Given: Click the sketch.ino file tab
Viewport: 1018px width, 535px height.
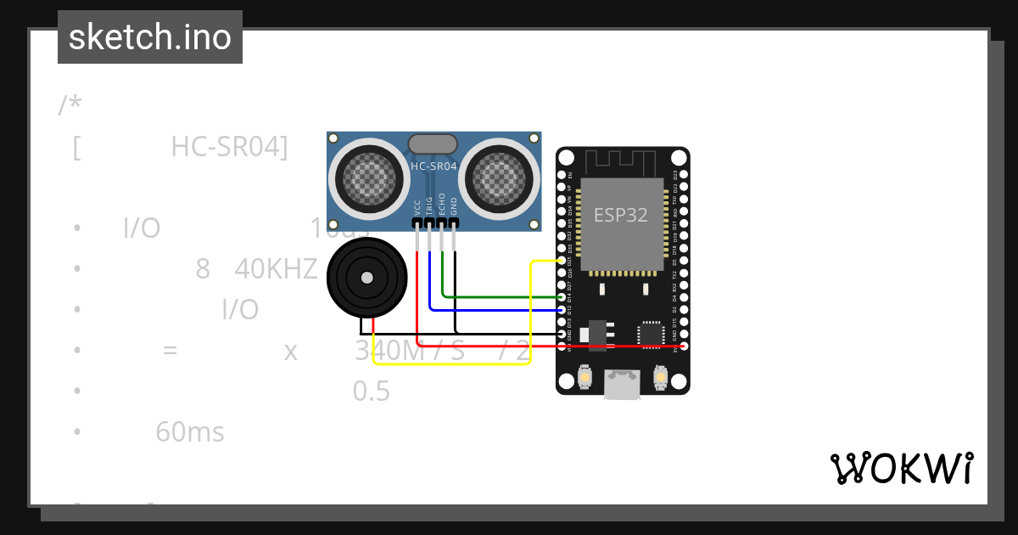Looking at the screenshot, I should pyautogui.click(x=150, y=37).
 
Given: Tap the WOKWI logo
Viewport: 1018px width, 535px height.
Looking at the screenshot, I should pyautogui.click(x=901, y=468).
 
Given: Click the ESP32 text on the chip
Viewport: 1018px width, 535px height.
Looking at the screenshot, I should pyautogui.click(x=620, y=215).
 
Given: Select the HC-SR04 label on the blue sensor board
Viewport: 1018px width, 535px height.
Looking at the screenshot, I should pyautogui.click(x=433, y=167).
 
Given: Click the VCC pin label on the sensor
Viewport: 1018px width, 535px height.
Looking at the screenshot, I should pyautogui.click(x=417, y=207).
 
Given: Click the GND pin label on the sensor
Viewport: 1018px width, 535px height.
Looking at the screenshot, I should pyautogui.click(x=454, y=206).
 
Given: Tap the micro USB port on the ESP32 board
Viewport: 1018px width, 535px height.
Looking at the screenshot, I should pyautogui.click(x=623, y=384).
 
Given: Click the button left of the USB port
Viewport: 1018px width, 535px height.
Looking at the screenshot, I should pyautogui.click(x=585, y=375).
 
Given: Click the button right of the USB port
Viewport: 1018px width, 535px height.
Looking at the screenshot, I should pyautogui.click(x=661, y=375).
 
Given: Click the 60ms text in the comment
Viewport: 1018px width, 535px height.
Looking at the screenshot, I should pyautogui.click(x=190, y=432).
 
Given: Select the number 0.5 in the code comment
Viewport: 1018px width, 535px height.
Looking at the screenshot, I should pyautogui.click(x=372, y=391).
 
